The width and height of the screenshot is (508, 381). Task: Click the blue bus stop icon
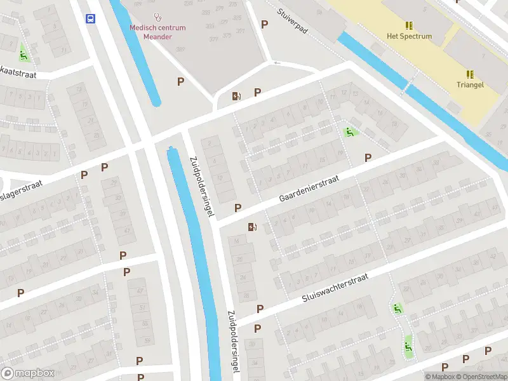(x=91, y=18)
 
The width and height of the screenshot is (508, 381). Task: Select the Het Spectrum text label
(x=409, y=36)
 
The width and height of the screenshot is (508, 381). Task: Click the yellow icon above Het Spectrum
(x=409, y=25)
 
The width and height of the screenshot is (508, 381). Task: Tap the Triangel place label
(x=470, y=84)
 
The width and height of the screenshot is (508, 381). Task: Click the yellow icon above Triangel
(x=470, y=74)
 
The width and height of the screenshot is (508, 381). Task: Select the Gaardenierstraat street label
(x=309, y=189)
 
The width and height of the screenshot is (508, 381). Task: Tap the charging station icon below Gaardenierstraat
(x=253, y=227)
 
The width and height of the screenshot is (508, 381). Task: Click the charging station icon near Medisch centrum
(x=236, y=96)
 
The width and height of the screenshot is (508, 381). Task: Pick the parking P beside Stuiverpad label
(x=265, y=24)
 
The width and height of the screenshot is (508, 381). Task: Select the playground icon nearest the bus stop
(x=24, y=55)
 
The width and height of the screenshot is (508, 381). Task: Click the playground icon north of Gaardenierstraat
(x=349, y=132)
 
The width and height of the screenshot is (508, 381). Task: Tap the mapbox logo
(x=27, y=373)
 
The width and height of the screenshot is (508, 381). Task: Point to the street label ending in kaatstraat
(x=19, y=75)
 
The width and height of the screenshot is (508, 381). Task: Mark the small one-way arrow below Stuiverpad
(x=276, y=63)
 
